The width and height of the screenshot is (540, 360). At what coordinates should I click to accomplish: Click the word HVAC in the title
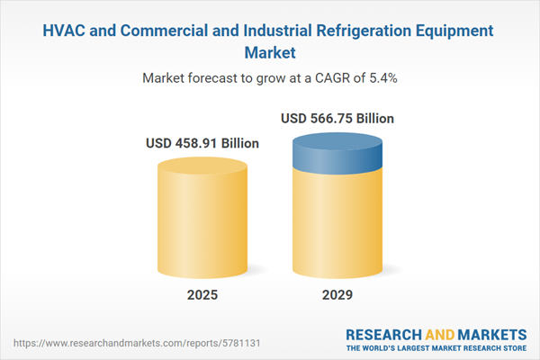click(x=67, y=31)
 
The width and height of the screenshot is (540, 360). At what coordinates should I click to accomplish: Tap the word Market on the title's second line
click(x=270, y=53)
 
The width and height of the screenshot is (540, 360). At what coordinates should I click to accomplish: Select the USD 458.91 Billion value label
click(x=202, y=143)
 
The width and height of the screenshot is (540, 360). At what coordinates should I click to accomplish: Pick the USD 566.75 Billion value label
click(x=337, y=118)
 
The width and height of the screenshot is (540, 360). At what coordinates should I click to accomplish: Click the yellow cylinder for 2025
click(x=202, y=220)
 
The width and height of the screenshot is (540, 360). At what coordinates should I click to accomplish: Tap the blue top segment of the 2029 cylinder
click(x=337, y=157)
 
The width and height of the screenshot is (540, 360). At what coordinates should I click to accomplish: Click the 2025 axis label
click(x=202, y=295)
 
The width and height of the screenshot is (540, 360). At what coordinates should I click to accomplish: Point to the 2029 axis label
click(x=337, y=295)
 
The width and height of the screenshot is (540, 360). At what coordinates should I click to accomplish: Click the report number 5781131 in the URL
click(x=190, y=343)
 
